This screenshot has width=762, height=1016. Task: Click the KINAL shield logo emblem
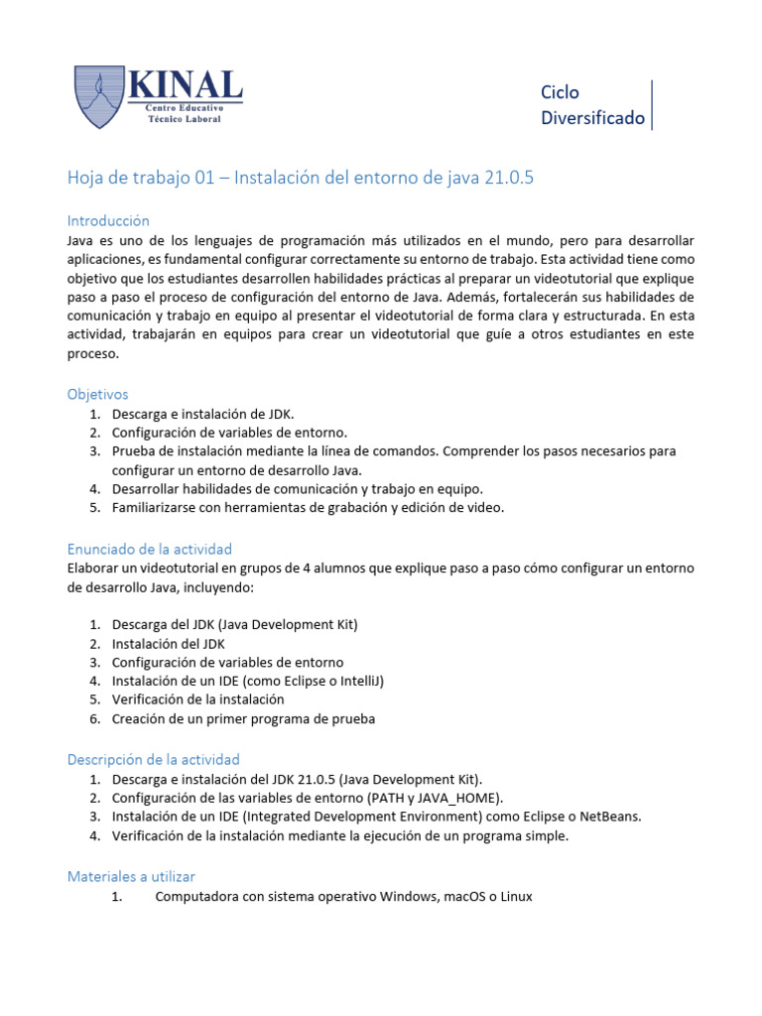pyautogui.click(x=99, y=96)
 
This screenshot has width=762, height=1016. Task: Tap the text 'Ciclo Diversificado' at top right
pyautogui.click(x=592, y=105)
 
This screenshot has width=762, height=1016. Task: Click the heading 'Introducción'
pyautogui.click(x=107, y=220)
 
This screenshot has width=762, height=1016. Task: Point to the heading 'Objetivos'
pyautogui.click(x=97, y=394)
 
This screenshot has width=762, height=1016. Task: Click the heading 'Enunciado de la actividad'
pyautogui.click(x=149, y=549)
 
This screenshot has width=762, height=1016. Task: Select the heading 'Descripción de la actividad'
pyautogui.click(x=153, y=759)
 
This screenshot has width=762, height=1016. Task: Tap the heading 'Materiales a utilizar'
pyautogui.click(x=131, y=876)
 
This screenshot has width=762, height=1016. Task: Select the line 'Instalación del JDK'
pyautogui.click(x=168, y=643)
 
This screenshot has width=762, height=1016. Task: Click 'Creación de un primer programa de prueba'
pyautogui.click(x=243, y=718)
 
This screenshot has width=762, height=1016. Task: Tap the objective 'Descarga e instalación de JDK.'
pyautogui.click(x=202, y=414)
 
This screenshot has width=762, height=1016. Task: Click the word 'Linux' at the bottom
pyautogui.click(x=515, y=896)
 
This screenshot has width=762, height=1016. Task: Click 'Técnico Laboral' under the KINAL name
pyautogui.click(x=185, y=118)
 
